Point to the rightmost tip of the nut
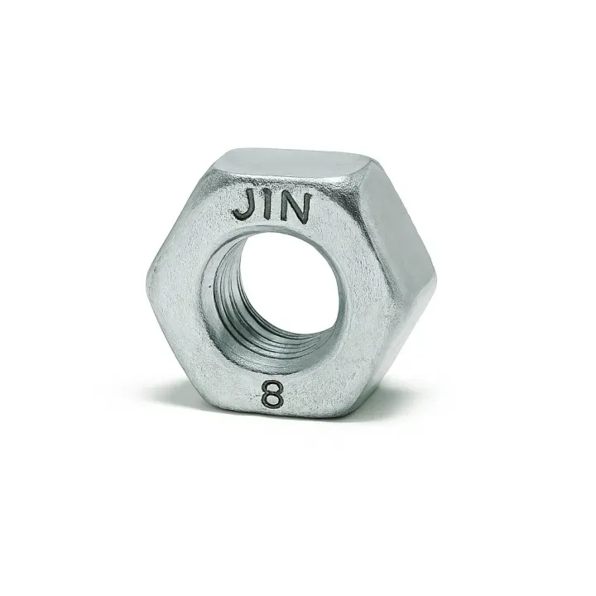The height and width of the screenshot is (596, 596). tap(435, 281)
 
